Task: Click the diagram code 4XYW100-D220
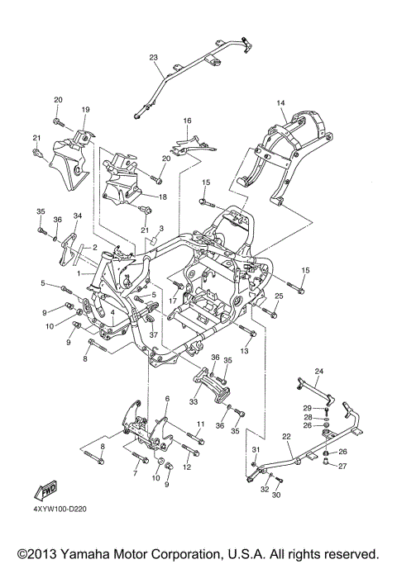click(60, 509)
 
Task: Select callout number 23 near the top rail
click(154, 57)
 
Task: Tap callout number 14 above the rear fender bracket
click(280, 103)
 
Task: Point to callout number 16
click(187, 121)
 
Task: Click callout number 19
click(85, 109)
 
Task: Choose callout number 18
click(162, 197)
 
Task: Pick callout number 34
click(78, 216)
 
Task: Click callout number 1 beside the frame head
click(79, 273)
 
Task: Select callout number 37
click(154, 335)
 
